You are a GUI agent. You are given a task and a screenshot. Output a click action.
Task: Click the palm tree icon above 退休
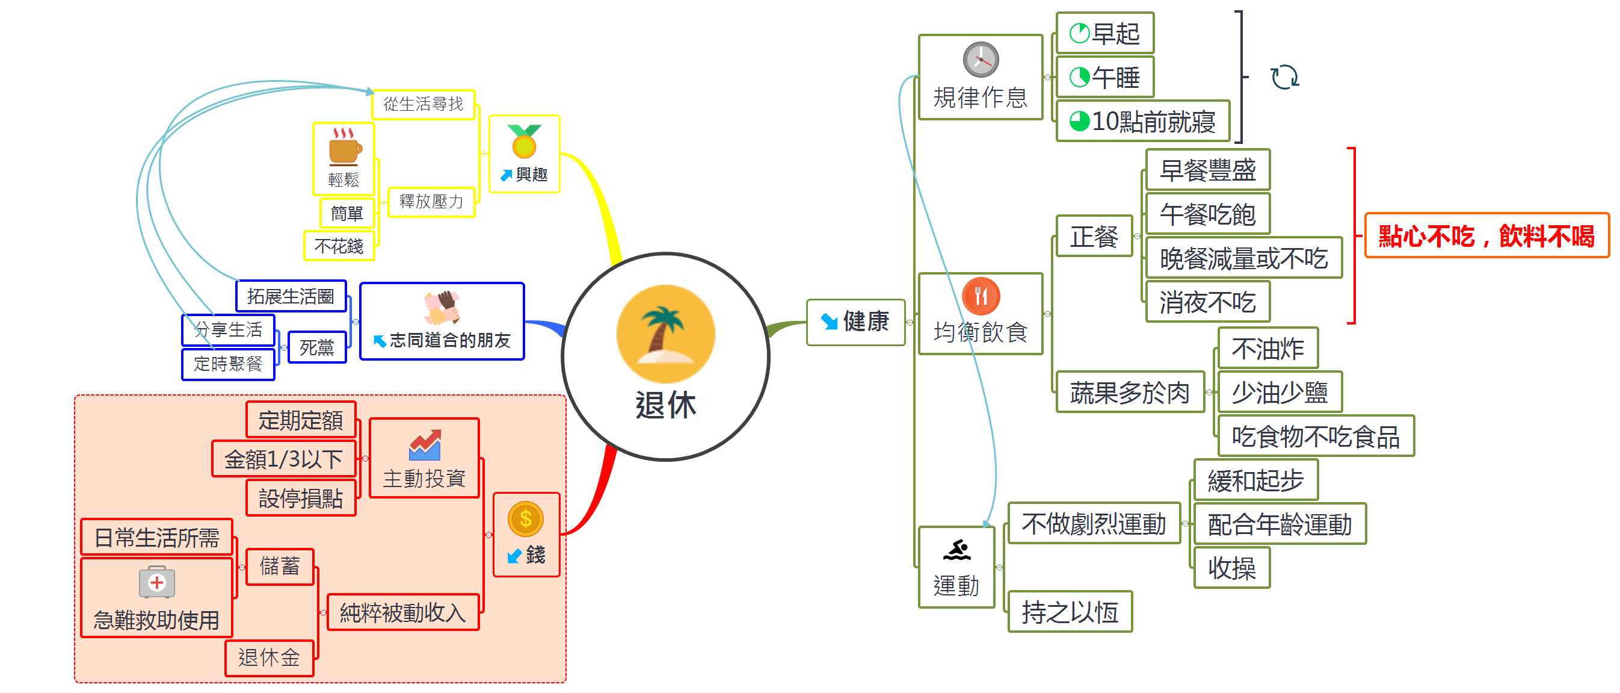tap(665, 333)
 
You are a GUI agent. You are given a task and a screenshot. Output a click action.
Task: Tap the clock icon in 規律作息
tap(981, 60)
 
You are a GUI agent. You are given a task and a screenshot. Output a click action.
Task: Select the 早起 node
tap(1105, 33)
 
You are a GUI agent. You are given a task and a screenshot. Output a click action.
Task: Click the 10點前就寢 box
tap(1143, 121)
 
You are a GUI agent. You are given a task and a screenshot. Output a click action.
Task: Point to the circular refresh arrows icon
tap(1285, 78)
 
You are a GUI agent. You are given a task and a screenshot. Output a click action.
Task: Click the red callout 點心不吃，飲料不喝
tap(1486, 236)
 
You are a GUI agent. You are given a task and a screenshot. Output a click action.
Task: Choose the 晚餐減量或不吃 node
tap(1243, 258)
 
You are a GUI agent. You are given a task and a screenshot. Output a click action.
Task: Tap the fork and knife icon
tap(981, 296)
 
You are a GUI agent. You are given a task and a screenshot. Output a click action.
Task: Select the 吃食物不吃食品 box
tap(1315, 436)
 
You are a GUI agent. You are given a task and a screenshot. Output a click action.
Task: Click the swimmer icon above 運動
tap(956, 550)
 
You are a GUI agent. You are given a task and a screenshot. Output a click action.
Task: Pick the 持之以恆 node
tap(1070, 612)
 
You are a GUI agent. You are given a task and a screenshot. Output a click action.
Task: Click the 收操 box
tap(1231, 568)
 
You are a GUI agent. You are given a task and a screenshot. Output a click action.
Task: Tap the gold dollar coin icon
tap(526, 518)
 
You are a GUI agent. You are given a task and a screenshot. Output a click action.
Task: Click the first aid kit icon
tap(156, 582)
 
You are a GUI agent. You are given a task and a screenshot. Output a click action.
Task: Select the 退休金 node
tap(269, 657)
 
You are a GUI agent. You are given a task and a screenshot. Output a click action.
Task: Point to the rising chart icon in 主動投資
tap(425, 445)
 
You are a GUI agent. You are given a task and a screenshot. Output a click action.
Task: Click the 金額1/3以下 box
tap(283, 459)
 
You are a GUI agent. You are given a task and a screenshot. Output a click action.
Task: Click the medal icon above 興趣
tap(524, 141)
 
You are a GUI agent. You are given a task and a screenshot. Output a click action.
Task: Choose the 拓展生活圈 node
tap(291, 296)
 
